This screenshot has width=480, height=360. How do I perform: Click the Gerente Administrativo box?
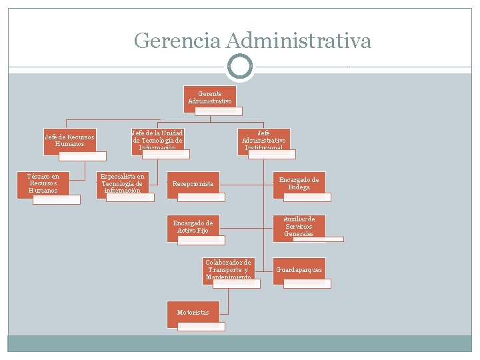coord(210,98)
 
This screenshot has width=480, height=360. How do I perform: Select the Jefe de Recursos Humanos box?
coord(69,141)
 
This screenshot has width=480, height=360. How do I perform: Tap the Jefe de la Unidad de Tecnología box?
coord(157,141)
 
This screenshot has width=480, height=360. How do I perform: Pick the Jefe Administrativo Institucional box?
coord(264,141)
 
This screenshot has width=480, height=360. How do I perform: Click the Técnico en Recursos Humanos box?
coord(43,184)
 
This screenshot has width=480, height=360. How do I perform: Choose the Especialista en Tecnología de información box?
coord(122,184)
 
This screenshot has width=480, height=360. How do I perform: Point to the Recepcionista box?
coord(193,184)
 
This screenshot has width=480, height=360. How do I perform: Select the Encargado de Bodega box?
coord(299,184)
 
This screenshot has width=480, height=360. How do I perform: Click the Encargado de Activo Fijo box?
coord(193,227)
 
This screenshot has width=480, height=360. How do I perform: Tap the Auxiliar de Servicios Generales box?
coord(299,227)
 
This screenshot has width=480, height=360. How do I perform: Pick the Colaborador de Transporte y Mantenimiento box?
coord(228,269)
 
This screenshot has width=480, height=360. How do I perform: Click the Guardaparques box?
coord(299,270)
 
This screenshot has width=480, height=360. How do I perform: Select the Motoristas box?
coord(193,313)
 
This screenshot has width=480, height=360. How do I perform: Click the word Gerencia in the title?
coord(177,41)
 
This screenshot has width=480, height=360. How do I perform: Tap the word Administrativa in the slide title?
coord(298,41)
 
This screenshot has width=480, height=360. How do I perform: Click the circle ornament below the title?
coord(240,67)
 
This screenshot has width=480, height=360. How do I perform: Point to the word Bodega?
coord(299,188)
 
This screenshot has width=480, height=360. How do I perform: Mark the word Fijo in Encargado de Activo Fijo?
coord(202,231)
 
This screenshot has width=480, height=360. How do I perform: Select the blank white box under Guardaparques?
coord(306,283)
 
